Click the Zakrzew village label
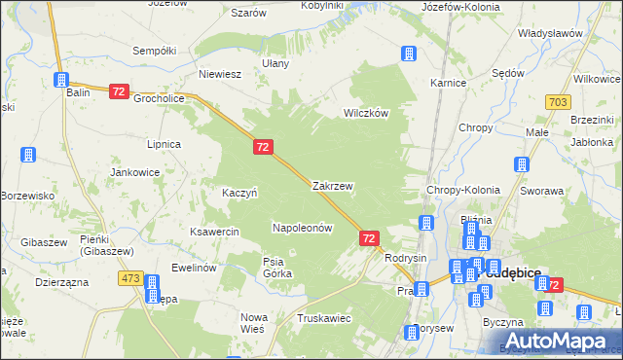332,185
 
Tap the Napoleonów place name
302,228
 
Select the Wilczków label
365,113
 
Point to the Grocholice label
159,98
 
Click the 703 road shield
558,102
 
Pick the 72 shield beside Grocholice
119,91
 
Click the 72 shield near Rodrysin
369,237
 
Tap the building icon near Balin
62,79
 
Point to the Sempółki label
154,50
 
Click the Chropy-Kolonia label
463,190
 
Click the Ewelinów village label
192,267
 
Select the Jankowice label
134,172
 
